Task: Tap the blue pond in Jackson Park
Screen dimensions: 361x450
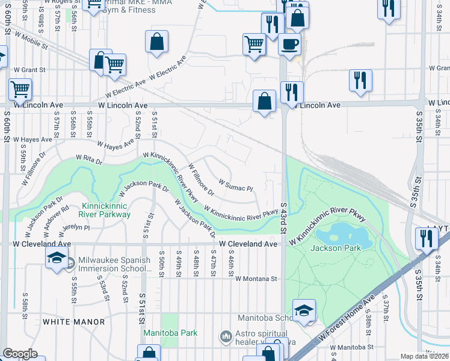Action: pos(341,232)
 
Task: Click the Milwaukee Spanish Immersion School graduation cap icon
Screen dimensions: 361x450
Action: pos(57,258)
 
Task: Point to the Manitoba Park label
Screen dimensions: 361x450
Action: pos(162,332)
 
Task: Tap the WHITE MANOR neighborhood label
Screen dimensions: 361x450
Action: pos(74,322)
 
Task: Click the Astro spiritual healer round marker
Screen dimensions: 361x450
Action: pos(226,336)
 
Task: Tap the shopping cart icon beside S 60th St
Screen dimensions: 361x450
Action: pos(20,90)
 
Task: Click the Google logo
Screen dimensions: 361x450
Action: pos(20,354)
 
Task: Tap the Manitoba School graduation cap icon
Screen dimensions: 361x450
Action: pos(304,310)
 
